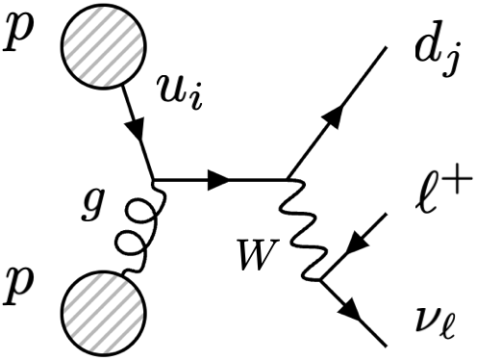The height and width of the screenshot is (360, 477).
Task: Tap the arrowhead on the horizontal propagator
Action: (x=219, y=179)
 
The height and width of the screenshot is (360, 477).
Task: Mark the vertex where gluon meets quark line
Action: (x=155, y=179)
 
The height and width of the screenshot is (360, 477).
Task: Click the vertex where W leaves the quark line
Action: (x=287, y=179)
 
